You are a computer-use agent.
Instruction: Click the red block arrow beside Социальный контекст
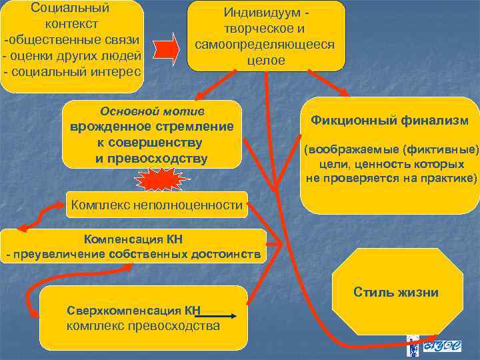tap(167, 49)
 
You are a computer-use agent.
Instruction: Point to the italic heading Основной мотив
tap(151, 111)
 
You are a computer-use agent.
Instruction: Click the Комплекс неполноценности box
tap(157, 205)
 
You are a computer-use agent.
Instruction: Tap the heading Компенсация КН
tap(133, 239)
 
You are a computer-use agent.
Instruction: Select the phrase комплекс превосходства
tap(143, 326)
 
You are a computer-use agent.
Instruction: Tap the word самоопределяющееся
tap(265, 45)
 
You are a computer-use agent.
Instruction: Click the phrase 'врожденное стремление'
tap(152, 127)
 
